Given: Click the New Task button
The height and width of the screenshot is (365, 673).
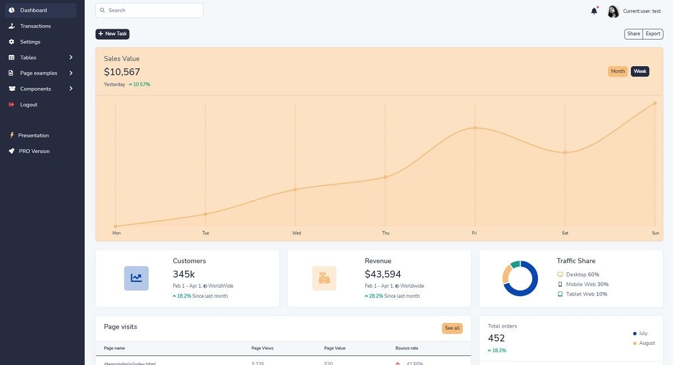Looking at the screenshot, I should [112, 34].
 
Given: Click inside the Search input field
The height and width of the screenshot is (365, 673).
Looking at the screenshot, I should [149, 10].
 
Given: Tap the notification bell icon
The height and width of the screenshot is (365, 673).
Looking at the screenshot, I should [594, 11].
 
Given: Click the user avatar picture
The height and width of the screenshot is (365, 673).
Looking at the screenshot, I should [613, 11].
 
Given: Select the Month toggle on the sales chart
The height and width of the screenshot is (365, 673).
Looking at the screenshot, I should [617, 71].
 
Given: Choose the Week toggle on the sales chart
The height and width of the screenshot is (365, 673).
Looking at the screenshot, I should [640, 71].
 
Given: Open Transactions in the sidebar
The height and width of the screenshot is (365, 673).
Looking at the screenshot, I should [35, 26].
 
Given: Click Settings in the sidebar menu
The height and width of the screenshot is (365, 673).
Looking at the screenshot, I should [30, 41].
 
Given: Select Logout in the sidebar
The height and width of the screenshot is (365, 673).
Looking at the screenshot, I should [29, 104].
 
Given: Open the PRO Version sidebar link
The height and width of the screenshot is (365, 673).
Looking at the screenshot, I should [34, 151].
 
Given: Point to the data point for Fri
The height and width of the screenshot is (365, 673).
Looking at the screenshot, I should [475, 128].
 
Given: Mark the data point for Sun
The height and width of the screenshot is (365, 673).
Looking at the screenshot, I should [654, 103].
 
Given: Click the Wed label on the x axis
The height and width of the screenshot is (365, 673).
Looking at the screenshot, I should [297, 233].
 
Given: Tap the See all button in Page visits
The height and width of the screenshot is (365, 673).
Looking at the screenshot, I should [452, 328].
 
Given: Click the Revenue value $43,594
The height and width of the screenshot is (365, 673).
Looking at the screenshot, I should [383, 274].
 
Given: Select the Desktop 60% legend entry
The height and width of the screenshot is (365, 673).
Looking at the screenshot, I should [582, 275].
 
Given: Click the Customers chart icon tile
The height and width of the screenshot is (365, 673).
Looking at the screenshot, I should [136, 278].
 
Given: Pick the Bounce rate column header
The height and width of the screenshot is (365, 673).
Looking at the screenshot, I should [407, 348].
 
